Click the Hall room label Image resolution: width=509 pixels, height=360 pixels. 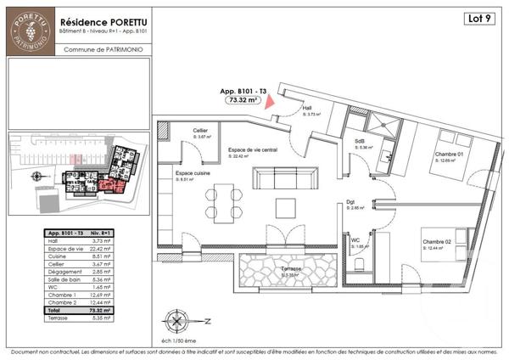pyautogui.click(x=308, y=109)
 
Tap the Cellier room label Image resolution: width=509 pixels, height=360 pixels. pyautogui.click(x=201, y=130)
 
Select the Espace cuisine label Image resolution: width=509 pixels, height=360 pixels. pyautogui.click(x=180, y=171)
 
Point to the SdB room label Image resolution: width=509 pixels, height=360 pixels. pyautogui.click(x=361, y=141)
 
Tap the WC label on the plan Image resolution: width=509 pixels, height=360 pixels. pyautogui.click(x=356, y=239)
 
